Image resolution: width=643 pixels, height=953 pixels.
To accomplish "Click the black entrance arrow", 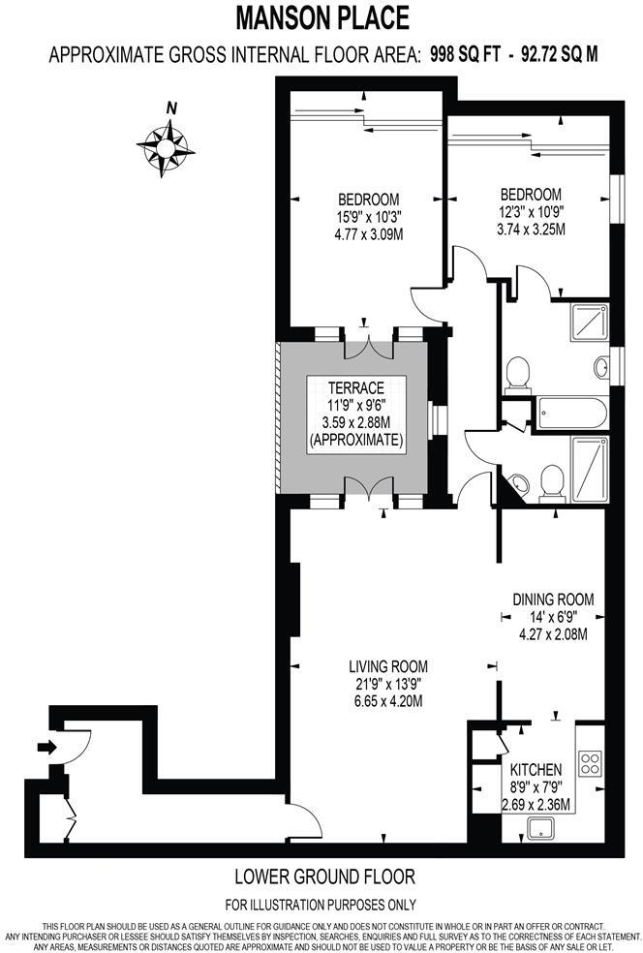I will (45, 746).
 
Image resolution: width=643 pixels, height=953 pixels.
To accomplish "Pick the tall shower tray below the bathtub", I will (588, 469).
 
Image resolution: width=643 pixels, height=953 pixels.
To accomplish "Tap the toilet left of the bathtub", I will (519, 373).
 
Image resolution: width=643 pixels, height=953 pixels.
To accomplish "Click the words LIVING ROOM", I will (388, 666).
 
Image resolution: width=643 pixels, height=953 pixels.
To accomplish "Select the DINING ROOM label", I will (553, 599).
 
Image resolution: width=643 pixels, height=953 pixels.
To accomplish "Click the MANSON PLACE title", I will (323, 17).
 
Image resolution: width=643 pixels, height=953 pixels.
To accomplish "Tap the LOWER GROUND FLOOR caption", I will (325, 877).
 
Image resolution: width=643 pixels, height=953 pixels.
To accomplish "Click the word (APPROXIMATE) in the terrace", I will (354, 439).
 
